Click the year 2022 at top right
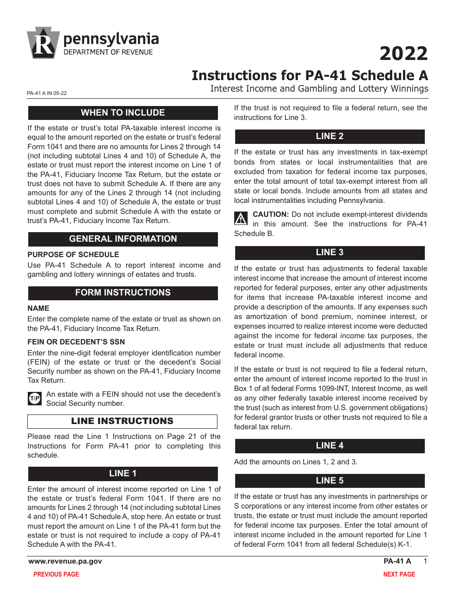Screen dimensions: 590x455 [403, 54]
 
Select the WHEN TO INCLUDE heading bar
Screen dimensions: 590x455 [123, 113]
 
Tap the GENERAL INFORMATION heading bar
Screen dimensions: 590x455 [123, 239]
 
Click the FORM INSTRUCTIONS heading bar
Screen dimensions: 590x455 [123, 293]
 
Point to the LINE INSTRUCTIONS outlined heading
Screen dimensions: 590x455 [122, 421]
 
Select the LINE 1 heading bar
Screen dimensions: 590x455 [123, 473]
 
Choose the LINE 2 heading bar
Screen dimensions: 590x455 [330, 136]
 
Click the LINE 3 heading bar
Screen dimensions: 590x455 [330, 252]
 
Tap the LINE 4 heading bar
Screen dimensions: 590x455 [330, 446]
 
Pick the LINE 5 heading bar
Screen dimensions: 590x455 [330, 481]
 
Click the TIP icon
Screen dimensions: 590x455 [34, 399]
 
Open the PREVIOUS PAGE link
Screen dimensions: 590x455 [56, 574]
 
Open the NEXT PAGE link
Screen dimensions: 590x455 [399, 574]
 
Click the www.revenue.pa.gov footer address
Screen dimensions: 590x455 [65, 561]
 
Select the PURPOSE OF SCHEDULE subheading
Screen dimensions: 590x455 [73, 255]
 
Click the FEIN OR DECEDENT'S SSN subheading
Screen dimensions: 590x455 [76, 342]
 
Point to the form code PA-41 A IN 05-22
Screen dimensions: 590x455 [47, 94]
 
